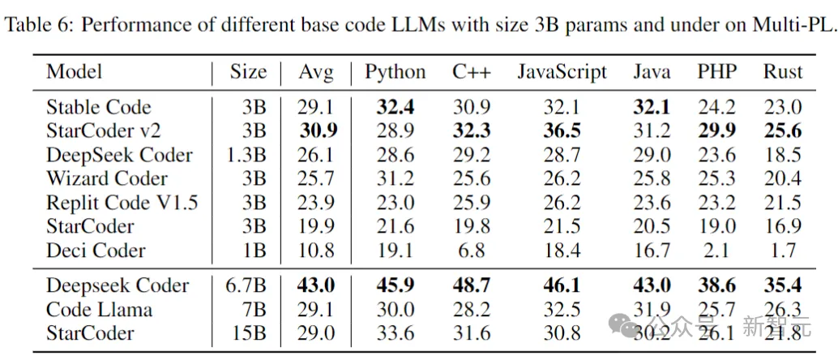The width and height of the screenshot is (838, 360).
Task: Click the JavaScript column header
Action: pos(562,71)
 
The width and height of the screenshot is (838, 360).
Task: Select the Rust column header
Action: pos(782,71)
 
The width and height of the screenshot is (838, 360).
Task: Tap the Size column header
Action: pos(248,71)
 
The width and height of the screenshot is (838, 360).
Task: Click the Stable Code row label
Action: pos(99,107)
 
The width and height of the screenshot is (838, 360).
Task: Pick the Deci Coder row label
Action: pos(96,250)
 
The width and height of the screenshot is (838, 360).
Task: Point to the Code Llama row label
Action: pos(100,309)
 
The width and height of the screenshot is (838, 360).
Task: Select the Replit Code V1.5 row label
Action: pos(122,203)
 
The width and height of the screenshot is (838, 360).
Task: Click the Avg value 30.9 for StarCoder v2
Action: pos(318,131)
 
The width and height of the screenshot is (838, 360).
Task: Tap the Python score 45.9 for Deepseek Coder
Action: pos(395,285)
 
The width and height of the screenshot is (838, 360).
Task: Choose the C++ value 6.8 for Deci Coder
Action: pos(472,250)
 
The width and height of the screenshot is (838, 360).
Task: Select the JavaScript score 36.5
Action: pos(561,131)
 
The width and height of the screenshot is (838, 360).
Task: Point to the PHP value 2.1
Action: pos(716,250)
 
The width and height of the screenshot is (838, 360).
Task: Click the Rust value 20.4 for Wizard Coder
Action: pos(782,178)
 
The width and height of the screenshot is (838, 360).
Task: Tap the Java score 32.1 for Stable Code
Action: pos(652,107)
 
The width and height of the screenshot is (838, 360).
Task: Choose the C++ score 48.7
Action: pos(472,285)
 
